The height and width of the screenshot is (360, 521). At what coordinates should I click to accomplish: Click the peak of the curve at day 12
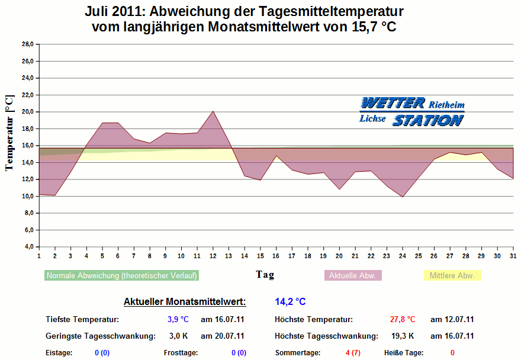(213, 111)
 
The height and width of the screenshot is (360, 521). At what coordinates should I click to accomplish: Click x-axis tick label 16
(276, 256)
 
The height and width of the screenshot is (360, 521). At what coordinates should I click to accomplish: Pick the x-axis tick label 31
(513, 256)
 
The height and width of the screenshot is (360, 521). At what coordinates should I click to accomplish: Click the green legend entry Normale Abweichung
(121, 276)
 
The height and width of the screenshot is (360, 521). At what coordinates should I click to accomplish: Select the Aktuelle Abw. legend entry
(353, 276)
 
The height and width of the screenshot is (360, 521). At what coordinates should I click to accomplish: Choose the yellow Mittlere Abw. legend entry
(453, 276)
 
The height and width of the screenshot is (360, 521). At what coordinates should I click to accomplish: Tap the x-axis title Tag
(265, 275)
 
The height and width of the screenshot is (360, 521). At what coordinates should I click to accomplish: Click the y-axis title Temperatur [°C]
(9, 131)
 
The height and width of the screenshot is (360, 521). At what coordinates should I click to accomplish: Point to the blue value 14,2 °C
(290, 302)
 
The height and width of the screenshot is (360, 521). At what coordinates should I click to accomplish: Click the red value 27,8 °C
(403, 320)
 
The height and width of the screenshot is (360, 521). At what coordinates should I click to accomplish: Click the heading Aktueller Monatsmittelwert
(185, 302)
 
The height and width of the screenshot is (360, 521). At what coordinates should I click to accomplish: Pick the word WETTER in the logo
(393, 103)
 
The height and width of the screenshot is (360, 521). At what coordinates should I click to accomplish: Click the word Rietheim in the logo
(446, 104)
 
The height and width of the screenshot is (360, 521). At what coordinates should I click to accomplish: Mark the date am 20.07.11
(223, 336)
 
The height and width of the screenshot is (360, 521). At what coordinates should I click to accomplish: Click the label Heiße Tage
(404, 353)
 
